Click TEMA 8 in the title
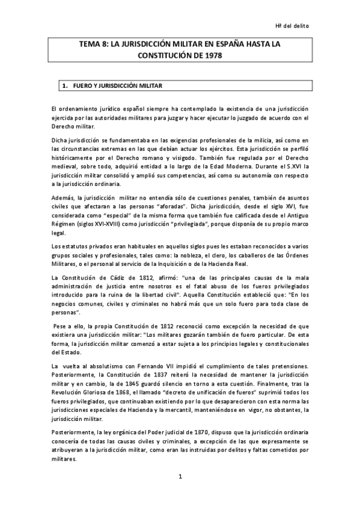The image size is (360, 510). [93, 45]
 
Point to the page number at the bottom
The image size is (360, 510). [180, 476]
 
